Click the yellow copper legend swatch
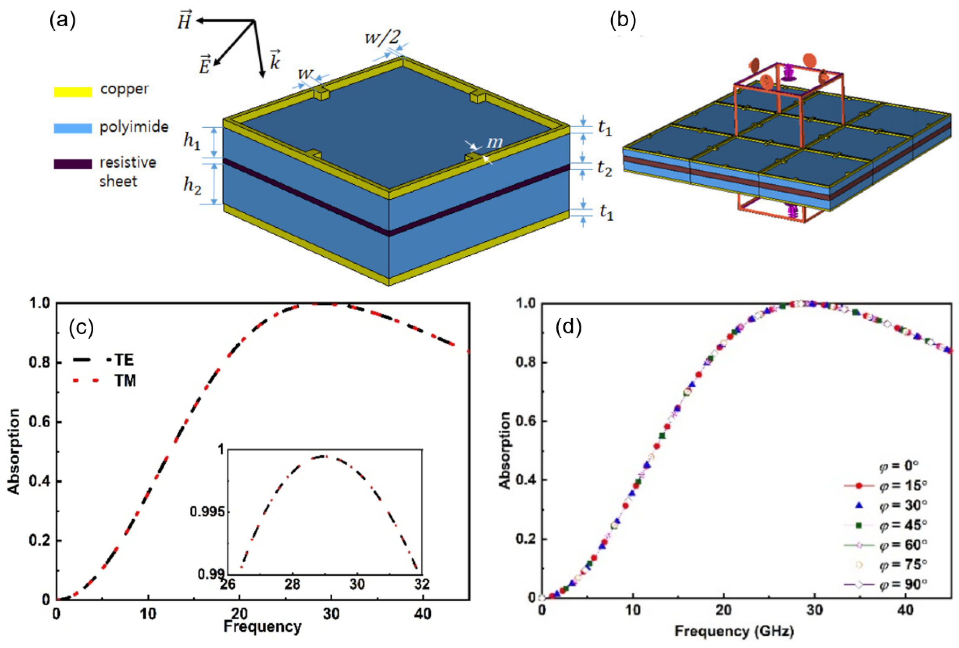click(x=73, y=92)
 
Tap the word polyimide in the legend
click(x=134, y=127)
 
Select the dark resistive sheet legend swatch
click(x=73, y=164)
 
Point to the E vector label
click(x=205, y=65)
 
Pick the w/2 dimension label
click(x=382, y=37)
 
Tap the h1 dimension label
click(x=192, y=142)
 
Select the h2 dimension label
click(x=192, y=185)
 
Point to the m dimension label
click(x=495, y=142)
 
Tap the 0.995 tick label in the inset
click(x=207, y=512)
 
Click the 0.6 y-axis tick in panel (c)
click(x=40, y=422)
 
